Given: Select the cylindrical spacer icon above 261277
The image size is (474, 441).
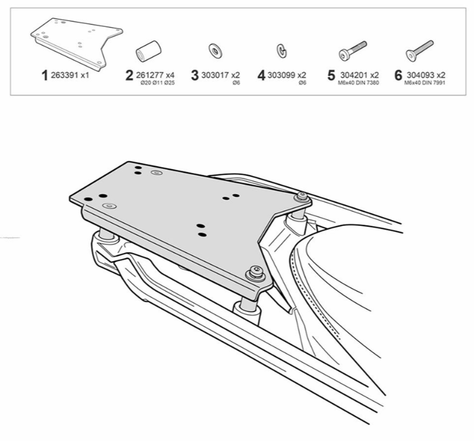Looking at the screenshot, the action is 148,51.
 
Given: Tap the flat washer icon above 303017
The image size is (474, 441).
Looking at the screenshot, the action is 215,50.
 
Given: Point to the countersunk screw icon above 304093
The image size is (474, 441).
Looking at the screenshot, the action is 420,51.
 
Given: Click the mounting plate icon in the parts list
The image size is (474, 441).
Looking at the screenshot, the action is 77,44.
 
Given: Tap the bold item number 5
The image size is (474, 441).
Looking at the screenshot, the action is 332,76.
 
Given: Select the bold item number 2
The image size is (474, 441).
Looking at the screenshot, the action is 129,76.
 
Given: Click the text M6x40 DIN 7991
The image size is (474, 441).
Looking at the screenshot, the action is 425,83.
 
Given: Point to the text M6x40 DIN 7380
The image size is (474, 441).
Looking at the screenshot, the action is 358,83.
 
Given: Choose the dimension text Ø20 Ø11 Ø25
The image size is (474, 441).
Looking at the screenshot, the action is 158,83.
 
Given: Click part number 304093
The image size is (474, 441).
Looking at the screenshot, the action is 420,75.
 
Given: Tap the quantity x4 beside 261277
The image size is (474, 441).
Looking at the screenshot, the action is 170,75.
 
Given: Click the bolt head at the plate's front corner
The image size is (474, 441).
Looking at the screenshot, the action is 255,272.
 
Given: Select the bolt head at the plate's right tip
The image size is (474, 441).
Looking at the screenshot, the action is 302,197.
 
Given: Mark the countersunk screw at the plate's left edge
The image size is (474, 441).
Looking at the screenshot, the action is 110,206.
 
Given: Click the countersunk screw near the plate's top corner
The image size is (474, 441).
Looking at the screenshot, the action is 156,173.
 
